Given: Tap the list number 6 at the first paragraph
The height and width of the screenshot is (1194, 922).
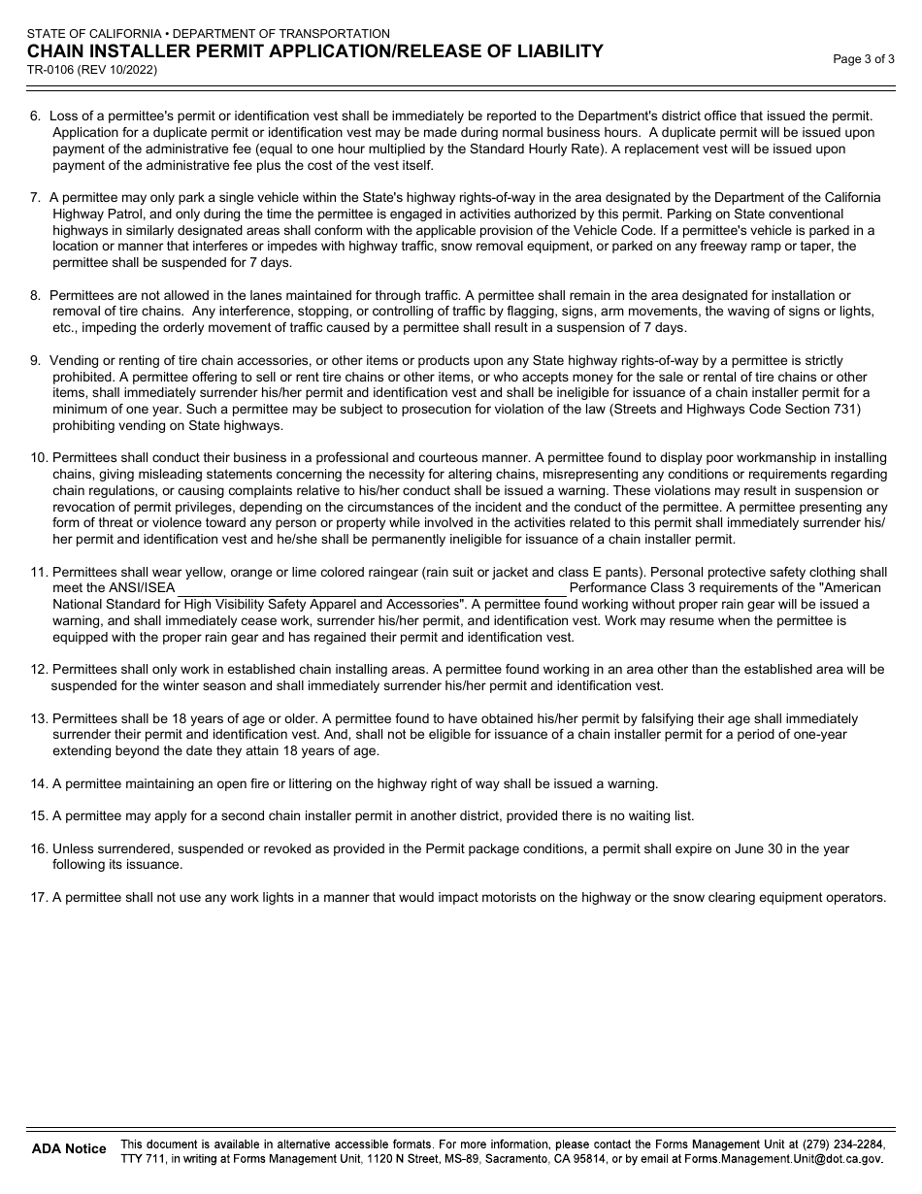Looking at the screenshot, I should [36, 116].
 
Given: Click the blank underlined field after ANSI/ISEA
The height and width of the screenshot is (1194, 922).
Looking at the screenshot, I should [372, 588].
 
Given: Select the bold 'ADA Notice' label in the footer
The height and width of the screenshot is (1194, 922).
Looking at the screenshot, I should [69, 1149].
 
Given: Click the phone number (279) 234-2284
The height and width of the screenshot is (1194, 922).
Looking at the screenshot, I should [844, 1144].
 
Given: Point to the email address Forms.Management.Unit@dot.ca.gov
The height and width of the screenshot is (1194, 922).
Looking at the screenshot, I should [783, 1159].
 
